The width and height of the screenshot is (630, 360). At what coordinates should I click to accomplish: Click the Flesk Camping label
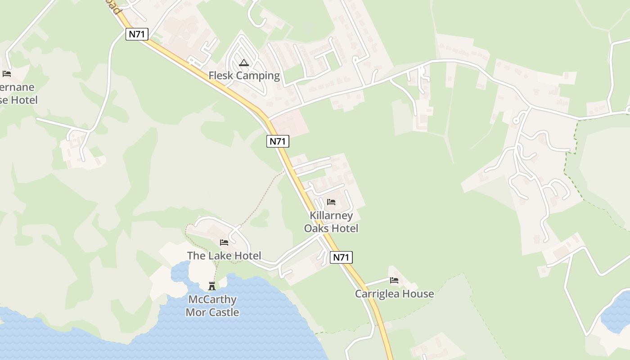[244, 76]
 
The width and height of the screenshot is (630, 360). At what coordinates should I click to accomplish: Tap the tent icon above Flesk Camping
[244, 63]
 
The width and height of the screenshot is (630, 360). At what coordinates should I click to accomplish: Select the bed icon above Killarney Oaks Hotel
[331, 202]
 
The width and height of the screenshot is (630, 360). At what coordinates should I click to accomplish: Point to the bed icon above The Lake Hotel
[224, 243]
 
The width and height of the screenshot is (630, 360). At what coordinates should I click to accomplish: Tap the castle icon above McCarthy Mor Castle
[212, 286]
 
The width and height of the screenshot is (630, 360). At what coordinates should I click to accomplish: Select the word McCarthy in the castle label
[212, 300]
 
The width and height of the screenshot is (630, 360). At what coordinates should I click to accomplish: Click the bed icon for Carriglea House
[394, 281]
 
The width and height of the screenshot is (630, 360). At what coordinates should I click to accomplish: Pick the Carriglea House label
[394, 294]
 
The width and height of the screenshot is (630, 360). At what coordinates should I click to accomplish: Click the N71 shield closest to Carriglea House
[341, 257]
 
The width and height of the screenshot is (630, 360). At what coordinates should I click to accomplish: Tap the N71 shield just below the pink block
[278, 141]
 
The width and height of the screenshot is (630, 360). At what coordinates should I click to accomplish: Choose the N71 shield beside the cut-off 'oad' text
[137, 34]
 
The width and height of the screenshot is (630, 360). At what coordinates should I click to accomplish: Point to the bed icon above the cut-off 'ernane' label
[6, 74]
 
